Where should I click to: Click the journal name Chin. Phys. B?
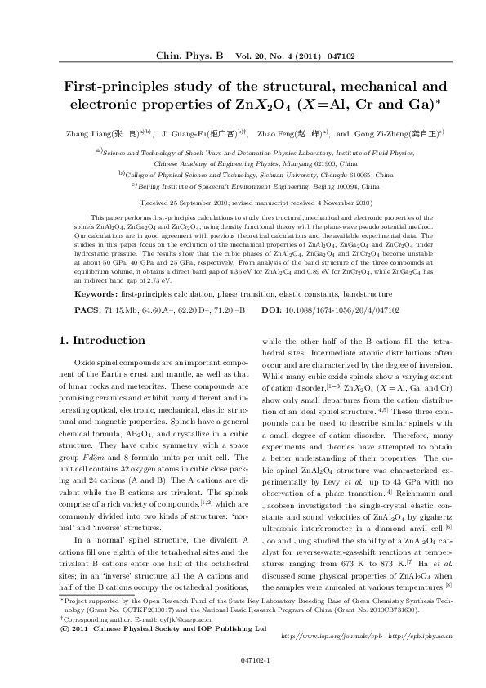(x=189, y=56)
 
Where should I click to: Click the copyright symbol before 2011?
(x=65, y=628)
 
